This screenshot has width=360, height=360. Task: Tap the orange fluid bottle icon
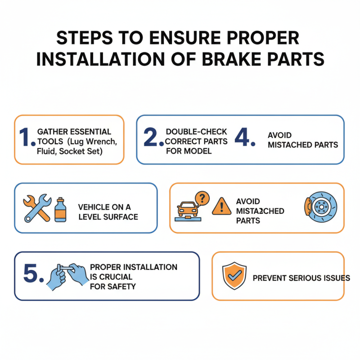coord(59,209)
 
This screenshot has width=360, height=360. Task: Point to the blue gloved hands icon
coord(67,275)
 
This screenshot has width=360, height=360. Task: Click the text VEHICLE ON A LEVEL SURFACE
coord(108,211)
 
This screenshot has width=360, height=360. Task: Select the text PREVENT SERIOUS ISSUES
coord(301,278)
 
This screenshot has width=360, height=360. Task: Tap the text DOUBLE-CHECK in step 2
coord(196,131)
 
